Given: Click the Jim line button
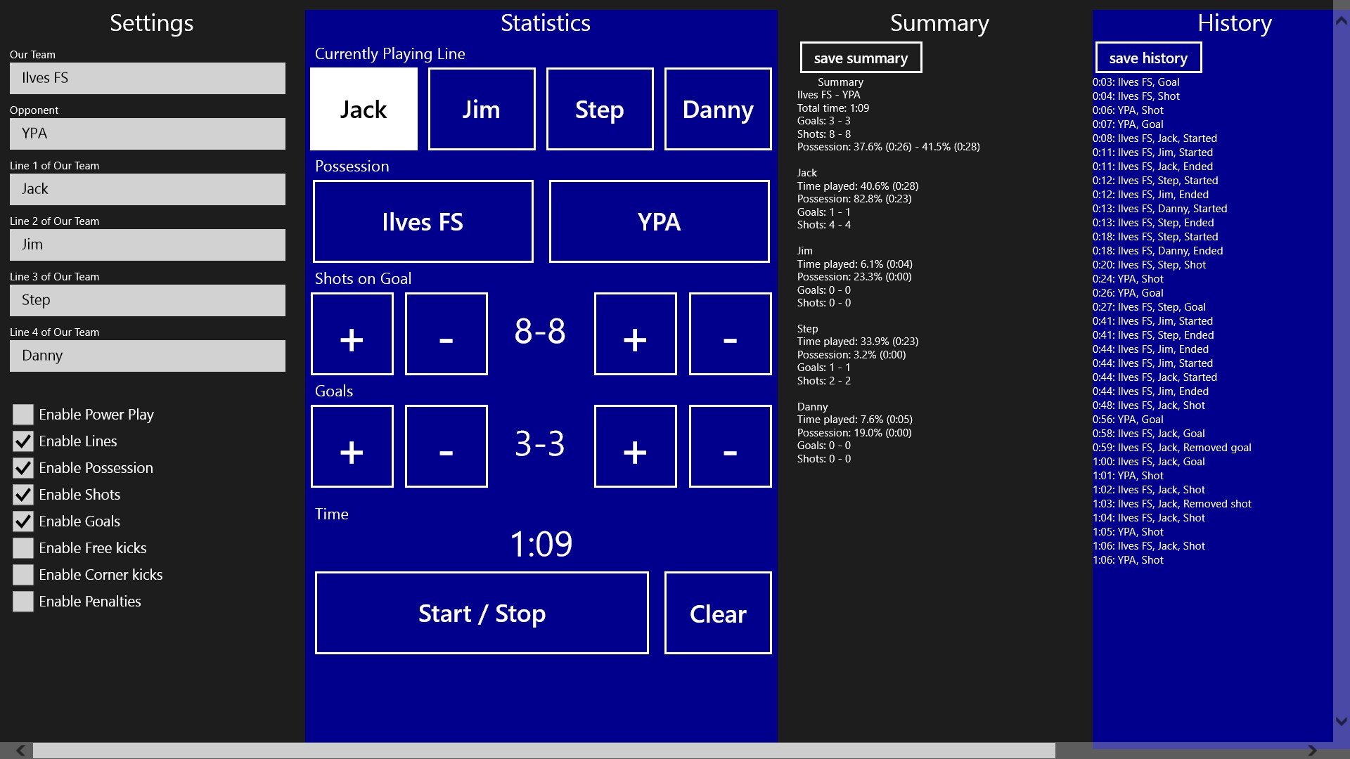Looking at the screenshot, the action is coord(482,109).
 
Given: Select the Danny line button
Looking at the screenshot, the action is coord(718,109).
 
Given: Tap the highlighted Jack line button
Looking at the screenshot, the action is coord(364,109).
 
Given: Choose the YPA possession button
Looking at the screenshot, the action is coord(659,221).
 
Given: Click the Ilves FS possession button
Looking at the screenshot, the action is coord(423,221).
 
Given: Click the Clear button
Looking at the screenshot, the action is coord(718,613).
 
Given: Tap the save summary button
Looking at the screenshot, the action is coord(861,58).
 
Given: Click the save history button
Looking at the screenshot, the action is coord(1148,58).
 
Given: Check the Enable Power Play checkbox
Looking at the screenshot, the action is coord(23,415).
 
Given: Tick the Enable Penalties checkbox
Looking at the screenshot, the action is coord(23,602).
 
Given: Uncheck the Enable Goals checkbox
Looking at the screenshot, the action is coord(23,521).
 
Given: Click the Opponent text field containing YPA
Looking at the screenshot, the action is coord(148,134).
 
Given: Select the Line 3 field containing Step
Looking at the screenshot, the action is coord(148,300).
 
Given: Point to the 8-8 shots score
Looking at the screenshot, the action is coord(540,331).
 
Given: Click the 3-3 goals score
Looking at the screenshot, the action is coord(540,443).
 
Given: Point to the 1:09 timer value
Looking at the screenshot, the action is coord(541,544).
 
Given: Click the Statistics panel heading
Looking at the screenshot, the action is coord(546,23).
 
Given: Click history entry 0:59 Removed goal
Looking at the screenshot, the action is coord(1172,448).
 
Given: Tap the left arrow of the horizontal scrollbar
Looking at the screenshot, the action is coord(20,751).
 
